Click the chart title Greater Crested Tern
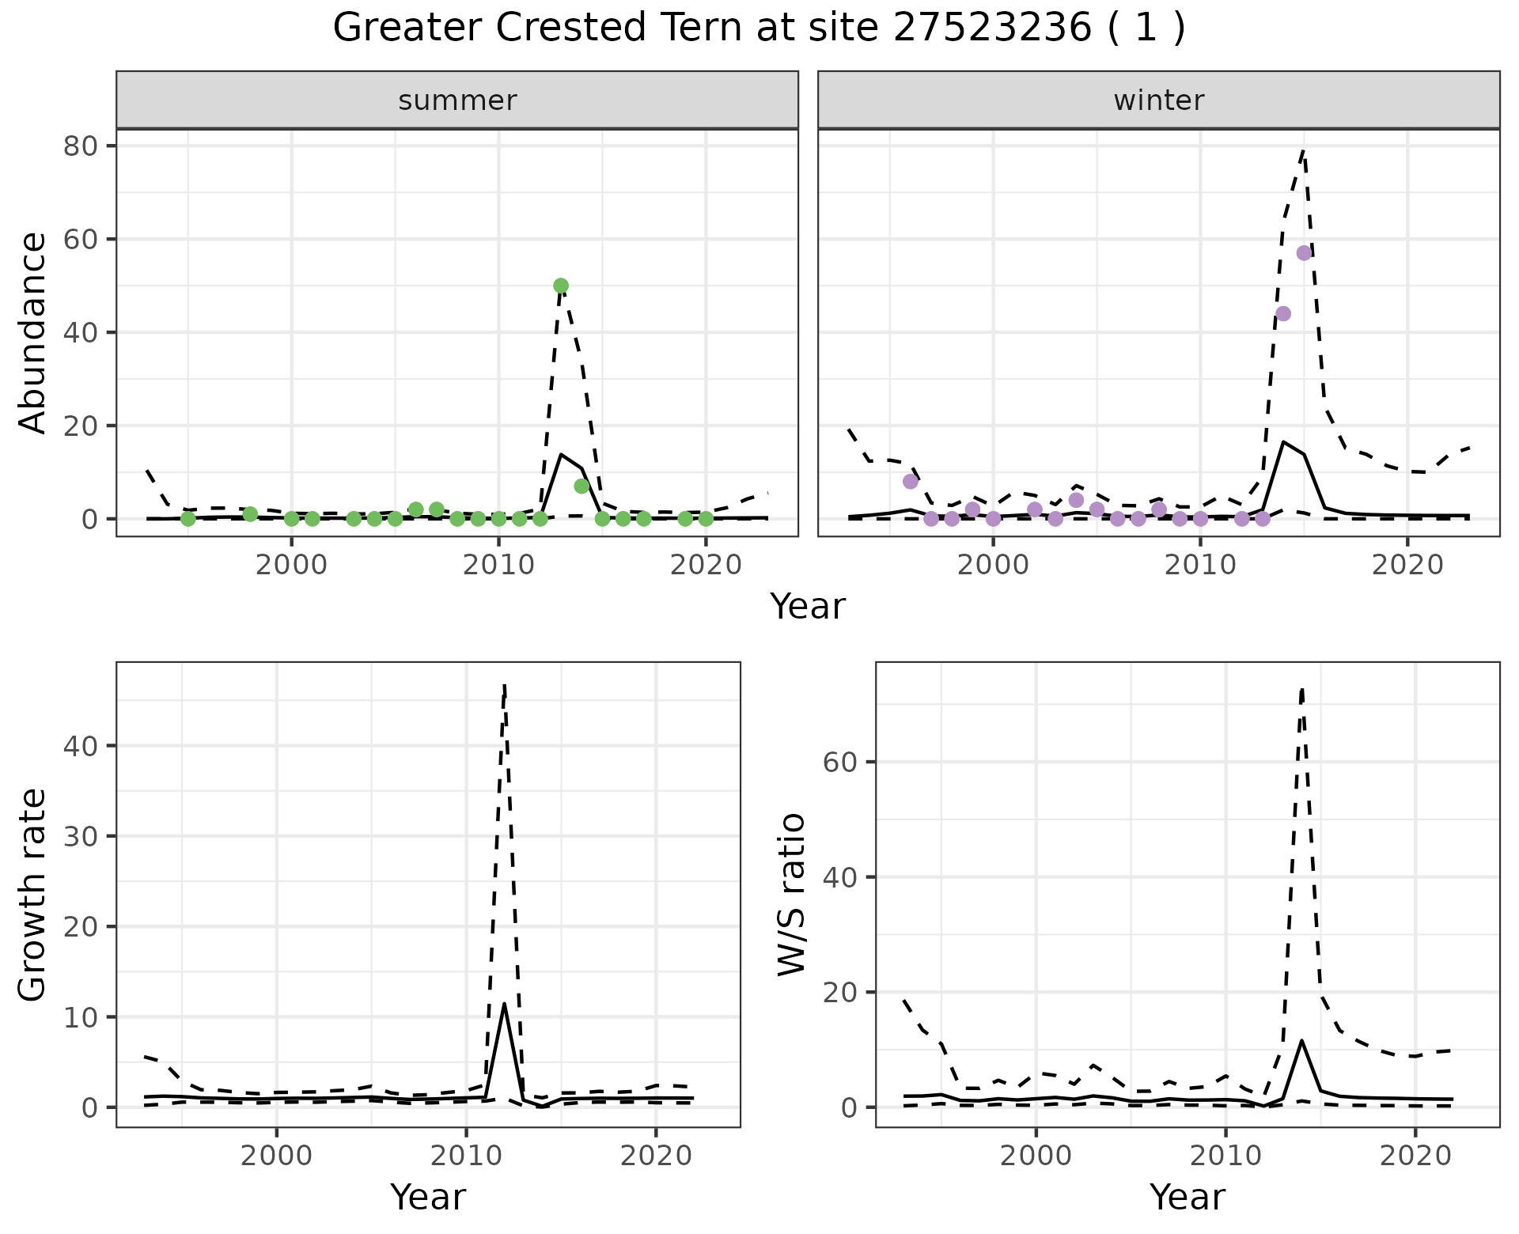(758, 28)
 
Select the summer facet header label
(457, 100)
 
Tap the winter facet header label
(1158, 100)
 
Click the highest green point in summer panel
(561, 286)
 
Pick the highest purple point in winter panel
(1304, 253)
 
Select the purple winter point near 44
(1283, 313)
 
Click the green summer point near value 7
(581, 486)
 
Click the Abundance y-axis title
(33, 332)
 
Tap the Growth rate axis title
(33, 894)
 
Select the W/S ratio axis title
(792, 894)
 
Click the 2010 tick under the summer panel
(498, 565)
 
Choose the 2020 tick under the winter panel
(1407, 565)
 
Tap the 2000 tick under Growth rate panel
(276, 1156)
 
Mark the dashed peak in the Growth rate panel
(505, 685)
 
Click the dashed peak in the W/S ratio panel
(1301, 690)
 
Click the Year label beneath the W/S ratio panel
(1187, 1197)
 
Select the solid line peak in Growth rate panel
(504, 1004)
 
